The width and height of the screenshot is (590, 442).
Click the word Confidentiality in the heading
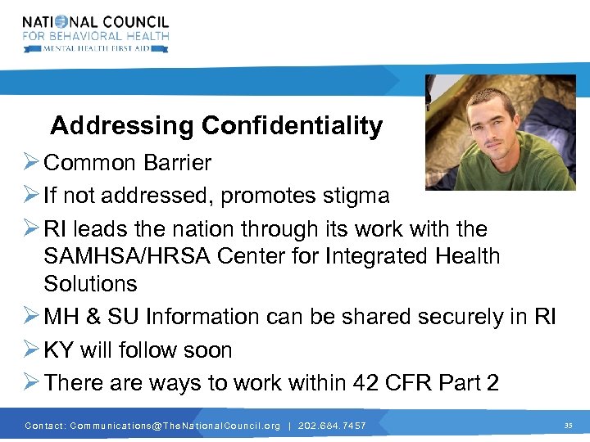(x=292, y=126)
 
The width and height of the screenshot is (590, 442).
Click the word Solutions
(x=90, y=284)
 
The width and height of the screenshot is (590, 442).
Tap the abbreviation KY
(x=58, y=350)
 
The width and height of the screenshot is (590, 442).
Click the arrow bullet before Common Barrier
(x=30, y=163)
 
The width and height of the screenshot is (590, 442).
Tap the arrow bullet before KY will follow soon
(x=30, y=350)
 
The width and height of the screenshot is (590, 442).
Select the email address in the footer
(x=175, y=426)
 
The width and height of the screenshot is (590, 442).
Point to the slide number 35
(x=568, y=426)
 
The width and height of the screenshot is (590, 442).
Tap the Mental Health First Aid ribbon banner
(x=96, y=48)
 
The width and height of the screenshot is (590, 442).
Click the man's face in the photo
(x=490, y=131)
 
